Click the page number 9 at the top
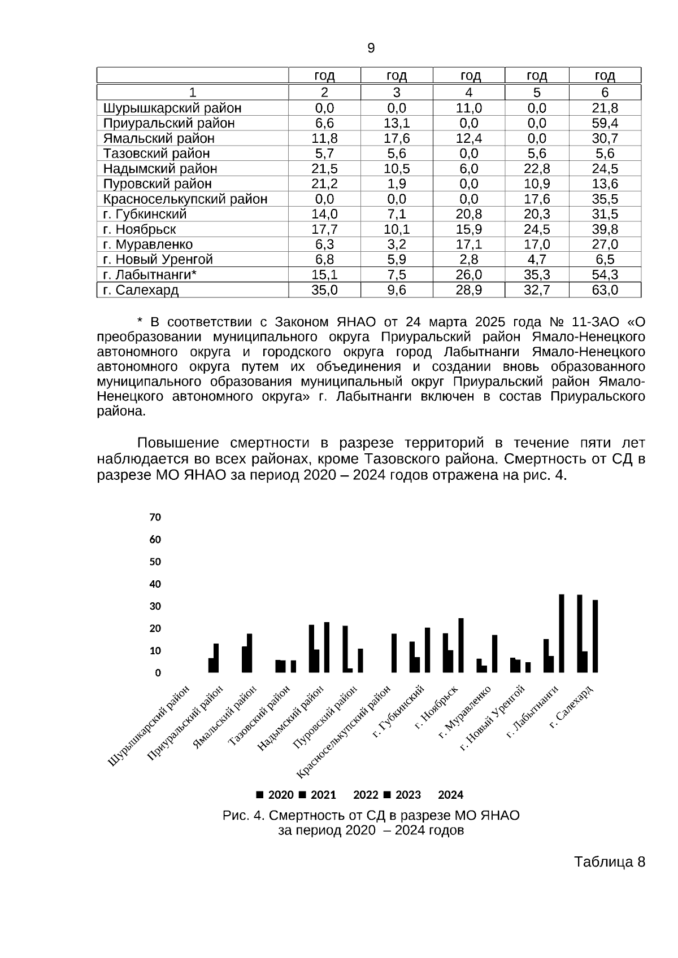371,49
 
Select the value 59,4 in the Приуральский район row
605,123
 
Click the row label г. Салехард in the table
141,290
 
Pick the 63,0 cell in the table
605,290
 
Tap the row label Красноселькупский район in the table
185,199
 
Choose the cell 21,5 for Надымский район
324,169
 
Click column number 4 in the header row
468,93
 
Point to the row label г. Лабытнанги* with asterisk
150,275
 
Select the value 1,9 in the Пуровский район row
397,184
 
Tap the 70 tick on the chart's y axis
155,517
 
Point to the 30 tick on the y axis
155,606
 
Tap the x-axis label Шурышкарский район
150,725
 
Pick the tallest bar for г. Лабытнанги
562,633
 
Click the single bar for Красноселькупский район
394,653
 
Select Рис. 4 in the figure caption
242,816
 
